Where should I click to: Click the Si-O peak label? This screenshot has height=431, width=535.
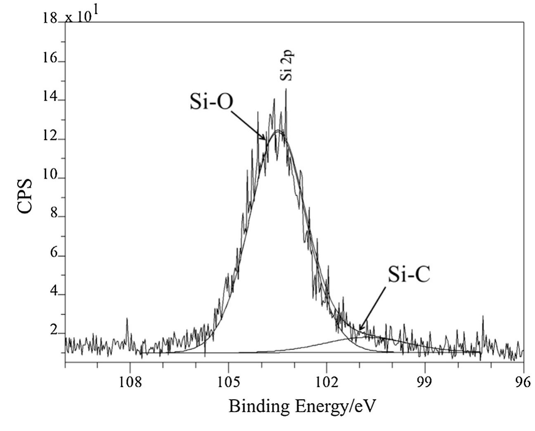coord(211,102)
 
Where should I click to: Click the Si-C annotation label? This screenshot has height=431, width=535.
coord(409,275)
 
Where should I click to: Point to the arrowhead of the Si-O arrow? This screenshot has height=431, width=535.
coord(265,140)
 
